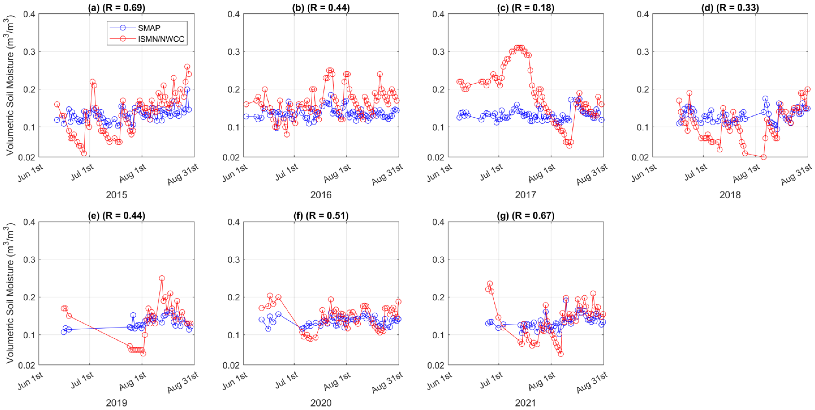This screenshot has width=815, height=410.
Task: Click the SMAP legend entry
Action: coord(149,28)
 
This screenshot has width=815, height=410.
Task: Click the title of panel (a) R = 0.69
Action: coord(116,7)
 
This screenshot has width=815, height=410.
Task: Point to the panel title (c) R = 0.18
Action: coord(525,7)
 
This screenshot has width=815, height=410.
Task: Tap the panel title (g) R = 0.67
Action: coord(525,216)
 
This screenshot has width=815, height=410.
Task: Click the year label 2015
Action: coord(116,195)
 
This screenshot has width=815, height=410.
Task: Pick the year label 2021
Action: coord(525,403)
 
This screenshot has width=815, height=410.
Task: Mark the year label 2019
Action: coord(116,403)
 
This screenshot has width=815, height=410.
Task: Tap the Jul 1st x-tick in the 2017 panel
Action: coord(491,173)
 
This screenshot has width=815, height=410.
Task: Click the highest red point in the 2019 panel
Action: coord(162,278)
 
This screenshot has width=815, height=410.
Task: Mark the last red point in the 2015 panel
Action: coord(189,74)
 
